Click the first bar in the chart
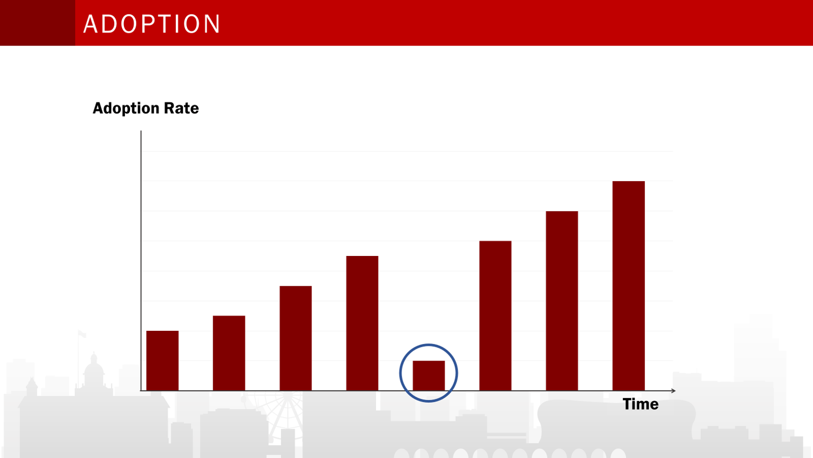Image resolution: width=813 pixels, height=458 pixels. pos(162,361)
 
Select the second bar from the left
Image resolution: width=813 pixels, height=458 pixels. pos(229,353)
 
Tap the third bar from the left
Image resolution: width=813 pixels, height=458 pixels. pos(296,338)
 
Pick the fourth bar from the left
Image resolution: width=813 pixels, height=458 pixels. pos(362,323)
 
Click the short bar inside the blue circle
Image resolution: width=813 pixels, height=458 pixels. pos(429,375)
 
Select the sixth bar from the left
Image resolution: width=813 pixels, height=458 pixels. pos(495,315)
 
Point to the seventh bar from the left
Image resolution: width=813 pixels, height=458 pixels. pos(562,301)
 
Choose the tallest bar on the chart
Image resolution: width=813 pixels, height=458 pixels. pos(629,286)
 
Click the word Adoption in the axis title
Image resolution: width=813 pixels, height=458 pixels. pos(126,108)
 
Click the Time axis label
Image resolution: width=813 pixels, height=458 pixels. pos(640,404)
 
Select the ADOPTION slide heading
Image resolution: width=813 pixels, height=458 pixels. pos(152,24)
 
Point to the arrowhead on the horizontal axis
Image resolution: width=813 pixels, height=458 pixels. pos(673,391)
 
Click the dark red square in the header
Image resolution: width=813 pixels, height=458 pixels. pos(37,23)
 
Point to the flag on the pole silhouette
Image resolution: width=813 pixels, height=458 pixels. pos(82,334)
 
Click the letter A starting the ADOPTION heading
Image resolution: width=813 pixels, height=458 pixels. pos(91,24)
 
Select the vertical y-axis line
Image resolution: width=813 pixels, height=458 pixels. pos(141,256)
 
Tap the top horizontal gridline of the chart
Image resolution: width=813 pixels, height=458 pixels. pos(407,151)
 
